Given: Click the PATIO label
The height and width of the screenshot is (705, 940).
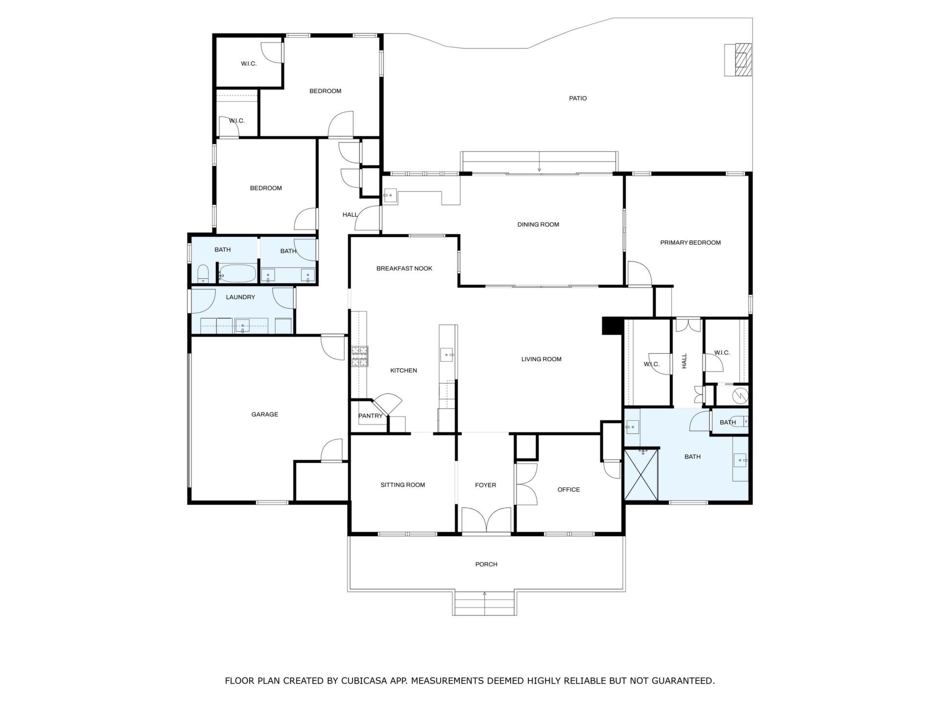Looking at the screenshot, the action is (x=578, y=98).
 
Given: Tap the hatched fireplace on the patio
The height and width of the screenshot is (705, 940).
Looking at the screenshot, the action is (x=738, y=60).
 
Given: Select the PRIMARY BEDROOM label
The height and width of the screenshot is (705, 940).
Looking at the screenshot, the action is (x=690, y=243).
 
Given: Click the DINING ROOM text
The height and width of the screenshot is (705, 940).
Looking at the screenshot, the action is (x=538, y=225).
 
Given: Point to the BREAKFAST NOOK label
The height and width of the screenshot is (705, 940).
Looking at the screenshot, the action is (x=404, y=269).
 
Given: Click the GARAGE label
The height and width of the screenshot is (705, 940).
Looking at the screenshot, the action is (x=265, y=415).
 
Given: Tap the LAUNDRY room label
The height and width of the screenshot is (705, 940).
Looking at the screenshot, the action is (x=240, y=297).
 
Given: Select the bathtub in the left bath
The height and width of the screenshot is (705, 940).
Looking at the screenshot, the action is (x=236, y=274).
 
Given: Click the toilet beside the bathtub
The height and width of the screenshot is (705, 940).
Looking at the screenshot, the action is (x=203, y=274).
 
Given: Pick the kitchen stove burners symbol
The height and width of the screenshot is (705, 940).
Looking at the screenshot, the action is (x=359, y=356).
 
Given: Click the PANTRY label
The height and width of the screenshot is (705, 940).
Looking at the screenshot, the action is (x=370, y=416).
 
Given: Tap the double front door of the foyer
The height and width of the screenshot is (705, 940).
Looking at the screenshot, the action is (x=486, y=520).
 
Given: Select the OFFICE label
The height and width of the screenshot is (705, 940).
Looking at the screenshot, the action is (x=568, y=490).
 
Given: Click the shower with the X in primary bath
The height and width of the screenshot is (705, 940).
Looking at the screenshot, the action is (x=641, y=475).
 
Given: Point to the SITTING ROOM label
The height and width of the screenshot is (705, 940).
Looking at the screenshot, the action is (x=403, y=485).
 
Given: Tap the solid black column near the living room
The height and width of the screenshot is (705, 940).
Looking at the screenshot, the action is (x=611, y=326).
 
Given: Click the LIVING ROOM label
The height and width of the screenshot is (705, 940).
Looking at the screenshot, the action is (x=541, y=359).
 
